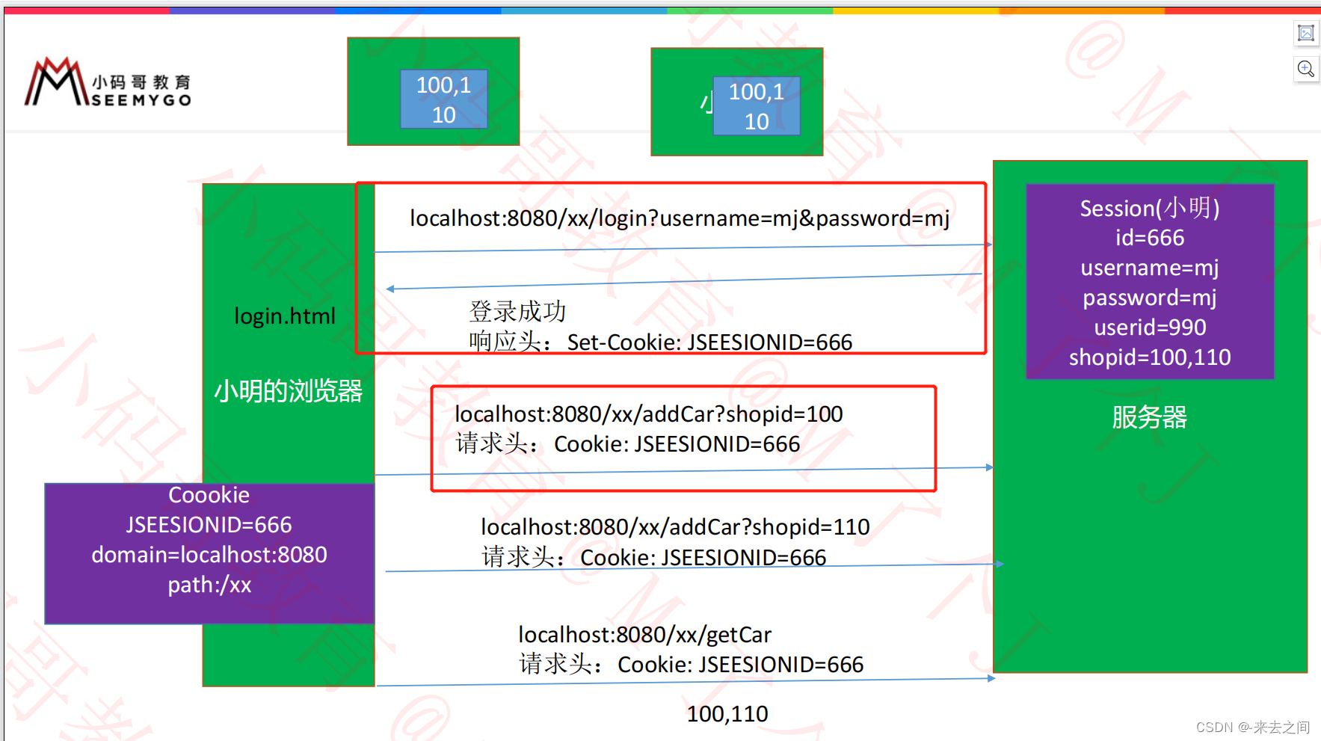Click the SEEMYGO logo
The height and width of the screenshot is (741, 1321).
pos(108,83)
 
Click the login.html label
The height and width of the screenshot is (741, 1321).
pos(285,316)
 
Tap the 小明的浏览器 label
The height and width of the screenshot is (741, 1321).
pos(288,391)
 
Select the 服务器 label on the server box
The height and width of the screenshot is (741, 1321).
pos(1149,417)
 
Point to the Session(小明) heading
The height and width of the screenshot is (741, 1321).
pos(1149,208)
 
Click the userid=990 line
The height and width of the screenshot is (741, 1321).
pos(1150,328)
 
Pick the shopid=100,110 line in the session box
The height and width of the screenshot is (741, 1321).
pos(1150,357)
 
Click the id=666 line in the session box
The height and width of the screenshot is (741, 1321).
pos(1150,238)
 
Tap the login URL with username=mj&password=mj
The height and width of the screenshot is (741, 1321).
pos(680,218)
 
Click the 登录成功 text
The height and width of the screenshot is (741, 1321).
pos(517,311)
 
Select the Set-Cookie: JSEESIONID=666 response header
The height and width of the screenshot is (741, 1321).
pos(709,342)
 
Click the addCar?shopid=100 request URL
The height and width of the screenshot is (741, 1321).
pos(648,414)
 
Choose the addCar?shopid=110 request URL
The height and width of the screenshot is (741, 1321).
pos(675,527)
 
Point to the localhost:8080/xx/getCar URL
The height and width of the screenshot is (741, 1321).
pos(644,635)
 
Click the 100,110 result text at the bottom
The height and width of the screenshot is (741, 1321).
pos(727,714)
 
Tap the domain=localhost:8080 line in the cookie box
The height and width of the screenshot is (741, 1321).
pos(209,555)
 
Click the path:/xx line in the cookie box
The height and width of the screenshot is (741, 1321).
pos(209,585)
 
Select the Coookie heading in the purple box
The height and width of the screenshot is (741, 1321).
pos(209,495)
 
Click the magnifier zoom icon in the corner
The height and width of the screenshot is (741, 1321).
pos(1305,69)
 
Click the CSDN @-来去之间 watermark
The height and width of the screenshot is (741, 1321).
pos(1252,727)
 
